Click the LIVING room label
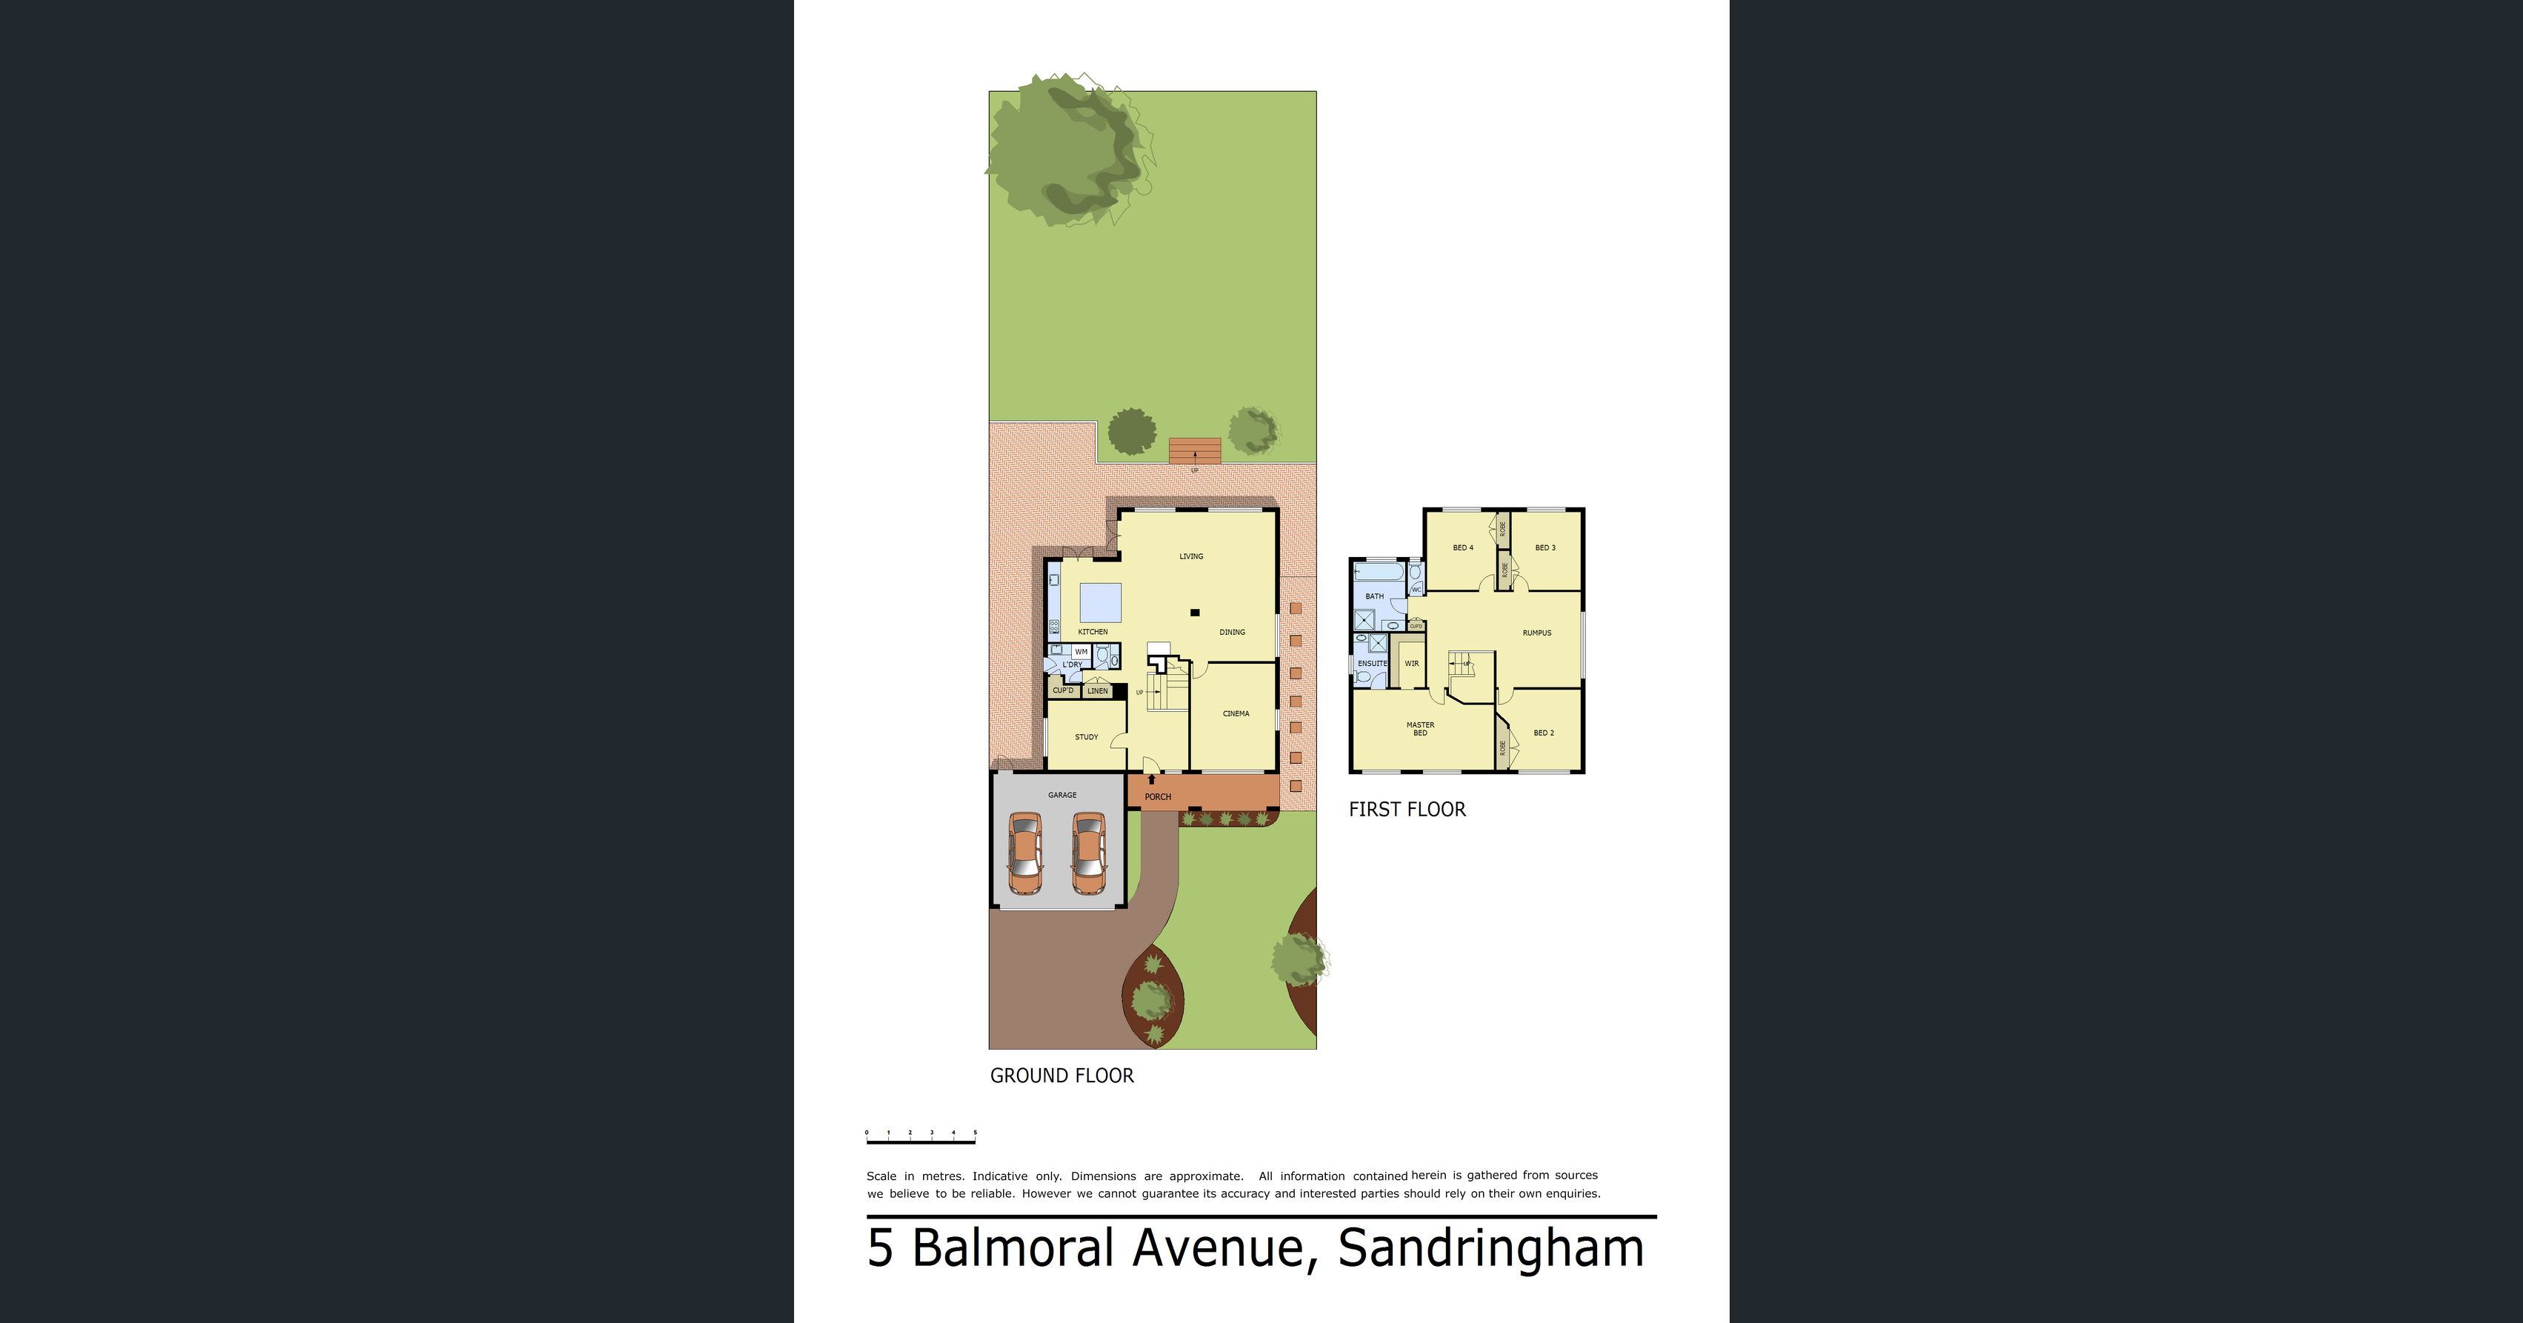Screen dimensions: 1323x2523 1191,556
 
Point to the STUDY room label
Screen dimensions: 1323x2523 1086,737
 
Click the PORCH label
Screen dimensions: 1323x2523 1158,797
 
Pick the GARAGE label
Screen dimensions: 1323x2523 1061,795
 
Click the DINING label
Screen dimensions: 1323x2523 1232,633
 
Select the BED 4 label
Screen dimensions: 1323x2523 1463,548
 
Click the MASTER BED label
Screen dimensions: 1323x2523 1420,730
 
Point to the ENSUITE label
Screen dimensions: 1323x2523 1372,664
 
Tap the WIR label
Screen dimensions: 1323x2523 1411,664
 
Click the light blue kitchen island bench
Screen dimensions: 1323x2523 1100,603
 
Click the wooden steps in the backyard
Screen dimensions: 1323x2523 1195,450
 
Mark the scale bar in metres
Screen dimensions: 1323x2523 921,1139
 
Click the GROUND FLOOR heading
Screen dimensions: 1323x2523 1061,1076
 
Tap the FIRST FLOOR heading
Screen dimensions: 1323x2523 1407,810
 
